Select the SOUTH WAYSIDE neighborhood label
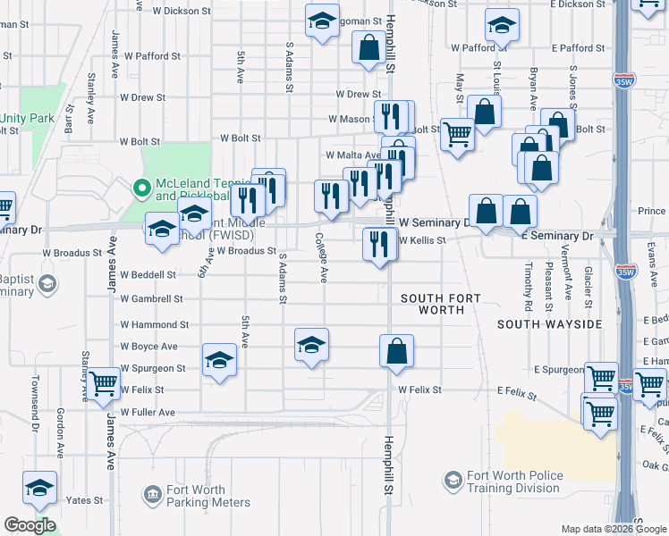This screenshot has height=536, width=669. point(549,324)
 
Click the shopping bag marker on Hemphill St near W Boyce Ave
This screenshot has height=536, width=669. point(396,350)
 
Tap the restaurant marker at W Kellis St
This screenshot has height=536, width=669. point(380,244)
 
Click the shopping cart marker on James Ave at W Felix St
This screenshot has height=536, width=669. point(104,384)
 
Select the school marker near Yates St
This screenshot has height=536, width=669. point(39,488)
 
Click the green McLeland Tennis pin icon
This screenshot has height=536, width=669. point(140,188)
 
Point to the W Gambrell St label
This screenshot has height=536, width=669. point(152,299)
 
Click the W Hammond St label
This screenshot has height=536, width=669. point(155,326)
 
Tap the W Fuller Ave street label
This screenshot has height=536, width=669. point(148,413)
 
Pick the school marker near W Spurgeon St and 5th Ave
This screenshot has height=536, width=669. point(218,361)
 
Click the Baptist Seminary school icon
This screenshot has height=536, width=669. point(47,285)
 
